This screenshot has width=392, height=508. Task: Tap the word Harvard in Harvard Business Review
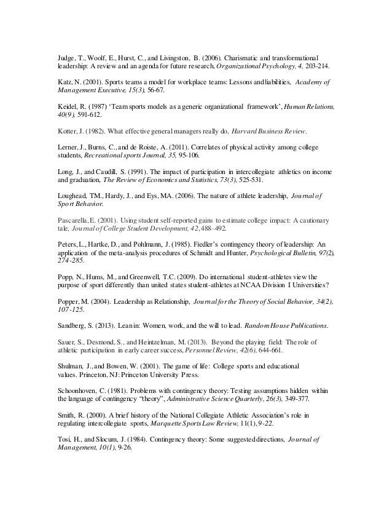click(x=245, y=132)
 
